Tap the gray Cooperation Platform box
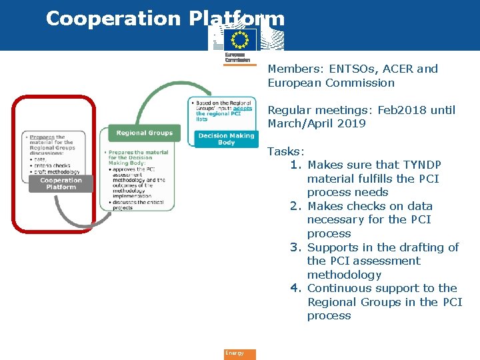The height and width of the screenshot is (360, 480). point(60,183)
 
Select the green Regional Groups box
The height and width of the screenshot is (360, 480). point(144,133)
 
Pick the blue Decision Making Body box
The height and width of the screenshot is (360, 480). point(226,139)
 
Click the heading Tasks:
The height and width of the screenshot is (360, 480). point(286,151)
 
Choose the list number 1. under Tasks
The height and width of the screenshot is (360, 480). point(297,165)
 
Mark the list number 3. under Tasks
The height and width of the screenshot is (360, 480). point(297,247)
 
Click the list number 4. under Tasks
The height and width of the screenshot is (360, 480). point(297,288)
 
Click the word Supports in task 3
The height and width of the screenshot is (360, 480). point(333,247)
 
